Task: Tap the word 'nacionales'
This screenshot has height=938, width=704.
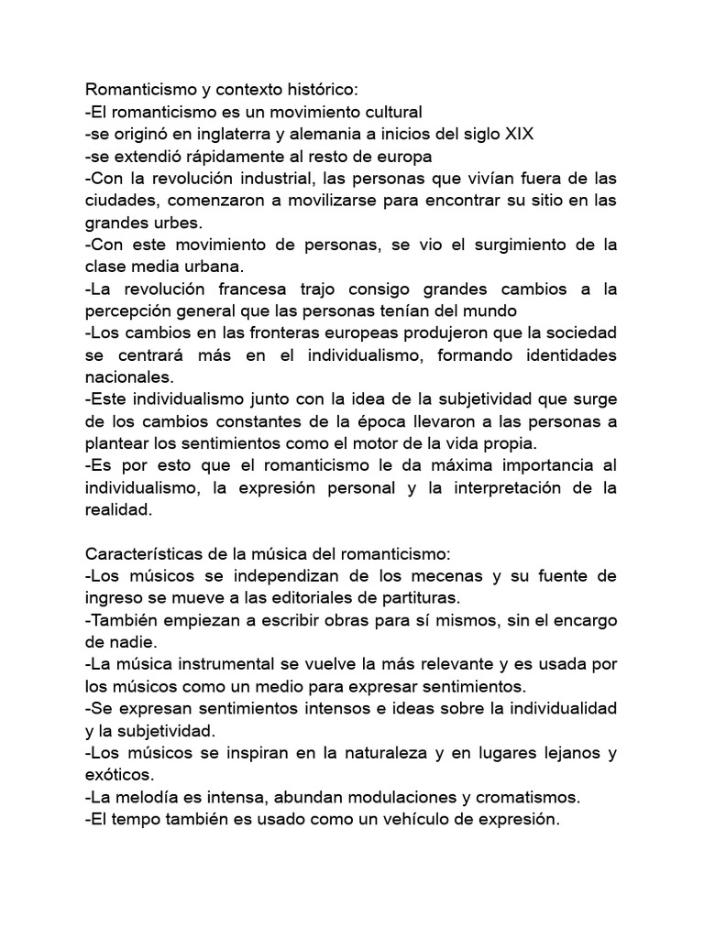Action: pyautogui.click(x=127, y=377)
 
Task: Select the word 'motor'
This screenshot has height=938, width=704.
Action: pyautogui.click(x=375, y=443)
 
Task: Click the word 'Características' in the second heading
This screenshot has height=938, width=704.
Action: pyautogui.click(x=142, y=554)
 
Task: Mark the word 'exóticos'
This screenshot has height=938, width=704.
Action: pyautogui.click(x=117, y=775)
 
